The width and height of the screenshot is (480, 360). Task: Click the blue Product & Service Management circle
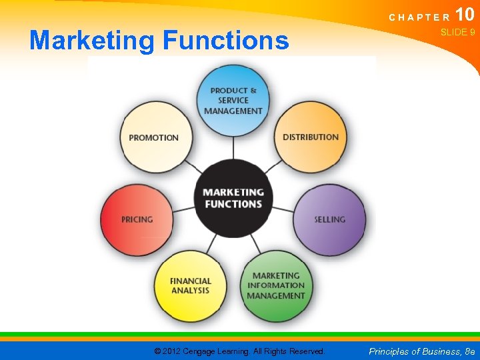pyautogui.click(x=233, y=101)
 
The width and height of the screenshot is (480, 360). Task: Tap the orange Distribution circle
pyautogui.click(x=311, y=137)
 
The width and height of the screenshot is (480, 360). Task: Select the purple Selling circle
pyautogui.click(x=329, y=219)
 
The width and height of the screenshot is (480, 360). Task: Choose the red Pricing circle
pyautogui.click(x=137, y=219)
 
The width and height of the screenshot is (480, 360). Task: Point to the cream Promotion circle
pyautogui.click(x=154, y=138)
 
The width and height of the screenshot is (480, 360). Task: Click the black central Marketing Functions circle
pyautogui.click(x=233, y=198)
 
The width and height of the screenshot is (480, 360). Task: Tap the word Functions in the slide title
pyautogui.click(x=225, y=41)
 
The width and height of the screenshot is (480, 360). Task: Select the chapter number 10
pyautogui.click(x=464, y=14)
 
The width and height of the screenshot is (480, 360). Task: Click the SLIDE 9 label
pyautogui.click(x=457, y=32)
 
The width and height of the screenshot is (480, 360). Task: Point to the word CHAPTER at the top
pyautogui.click(x=418, y=17)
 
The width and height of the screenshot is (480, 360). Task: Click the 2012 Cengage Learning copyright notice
pyautogui.click(x=239, y=351)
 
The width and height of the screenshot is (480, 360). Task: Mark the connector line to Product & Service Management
pyautogui.click(x=233, y=147)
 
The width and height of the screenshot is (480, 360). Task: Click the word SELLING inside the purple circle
pyautogui.click(x=329, y=219)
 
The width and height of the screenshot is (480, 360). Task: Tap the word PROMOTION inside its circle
pyautogui.click(x=154, y=138)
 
